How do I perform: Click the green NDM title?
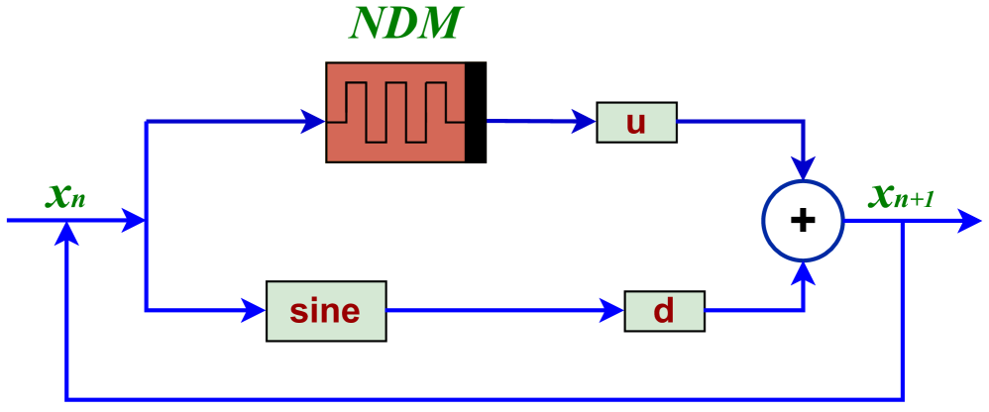click(x=406, y=24)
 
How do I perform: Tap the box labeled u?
click(x=636, y=122)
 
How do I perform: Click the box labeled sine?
click(x=326, y=311)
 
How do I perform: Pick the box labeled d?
click(x=664, y=311)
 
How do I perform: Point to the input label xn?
click(x=65, y=196)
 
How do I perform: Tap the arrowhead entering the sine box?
click(x=255, y=311)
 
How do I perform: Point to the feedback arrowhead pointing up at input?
click(x=66, y=234)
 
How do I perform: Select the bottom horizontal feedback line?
click(x=486, y=399)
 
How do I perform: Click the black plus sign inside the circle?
click(x=803, y=220)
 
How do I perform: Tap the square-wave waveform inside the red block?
click(x=396, y=111)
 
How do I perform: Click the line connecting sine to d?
click(x=495, y=311)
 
